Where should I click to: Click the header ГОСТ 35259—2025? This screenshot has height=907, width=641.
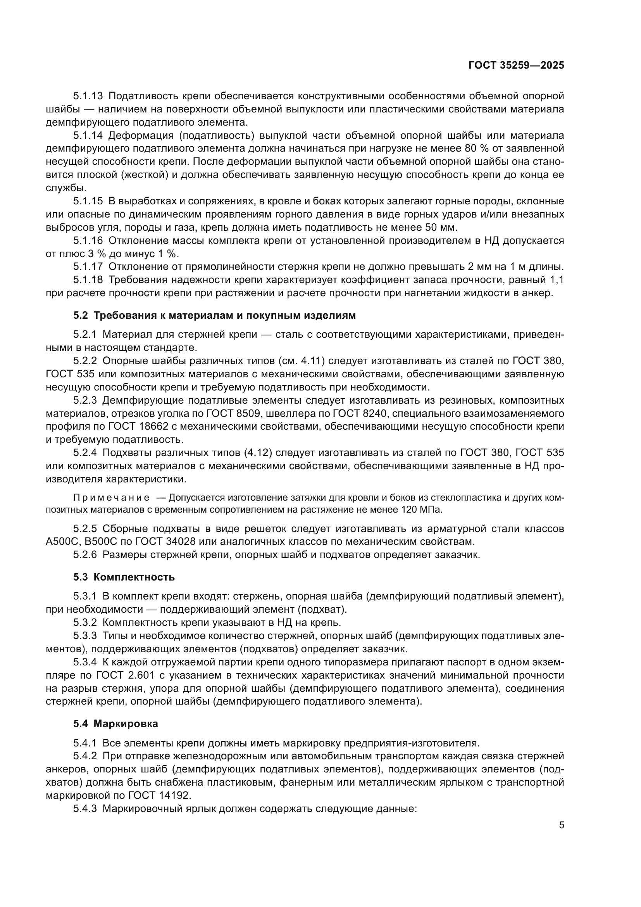[516, 65]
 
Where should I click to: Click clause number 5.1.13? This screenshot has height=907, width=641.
[88, 96]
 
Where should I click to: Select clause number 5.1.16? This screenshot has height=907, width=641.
[88, 240]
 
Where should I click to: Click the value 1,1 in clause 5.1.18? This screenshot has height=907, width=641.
[557, 280]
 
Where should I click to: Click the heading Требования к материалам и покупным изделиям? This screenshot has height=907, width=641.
[225, 315]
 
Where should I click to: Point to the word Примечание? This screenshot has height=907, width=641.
[111, 498]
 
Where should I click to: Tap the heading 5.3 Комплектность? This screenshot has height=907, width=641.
[124, 577]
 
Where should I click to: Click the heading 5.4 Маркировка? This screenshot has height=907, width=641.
[115, 724]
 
